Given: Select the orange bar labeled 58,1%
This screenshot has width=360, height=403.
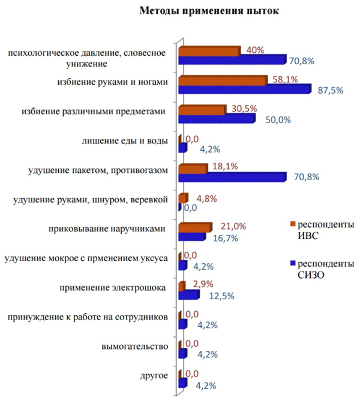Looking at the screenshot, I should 223,80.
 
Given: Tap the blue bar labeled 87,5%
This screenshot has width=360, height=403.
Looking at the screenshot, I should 245,89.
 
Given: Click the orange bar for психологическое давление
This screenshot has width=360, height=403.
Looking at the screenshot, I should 209,51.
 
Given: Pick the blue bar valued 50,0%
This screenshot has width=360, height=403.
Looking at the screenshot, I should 217,119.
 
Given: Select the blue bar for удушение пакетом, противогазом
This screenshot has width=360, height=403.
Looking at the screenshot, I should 232,177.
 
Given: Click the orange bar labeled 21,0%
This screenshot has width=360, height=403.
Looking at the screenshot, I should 195,227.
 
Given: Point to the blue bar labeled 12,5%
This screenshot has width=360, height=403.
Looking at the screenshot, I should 189,295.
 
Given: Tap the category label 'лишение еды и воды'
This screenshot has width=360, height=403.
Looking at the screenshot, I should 124,142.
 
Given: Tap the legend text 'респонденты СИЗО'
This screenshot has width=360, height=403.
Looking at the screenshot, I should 326,269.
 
